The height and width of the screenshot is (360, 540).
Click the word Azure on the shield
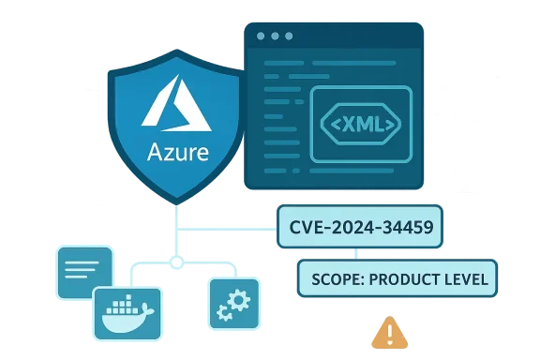click(x=178, y=152)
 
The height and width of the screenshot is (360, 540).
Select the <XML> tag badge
click(x=360, y=123)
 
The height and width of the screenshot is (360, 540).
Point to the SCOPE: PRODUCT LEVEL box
click(x=397, y=278)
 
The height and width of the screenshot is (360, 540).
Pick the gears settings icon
click(x=232, y=303)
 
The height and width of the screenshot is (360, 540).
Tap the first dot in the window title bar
click(x=261, y=37)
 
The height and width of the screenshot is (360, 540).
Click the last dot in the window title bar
click(x=289, y=37)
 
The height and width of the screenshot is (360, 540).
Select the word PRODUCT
click(x=405, y=278)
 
